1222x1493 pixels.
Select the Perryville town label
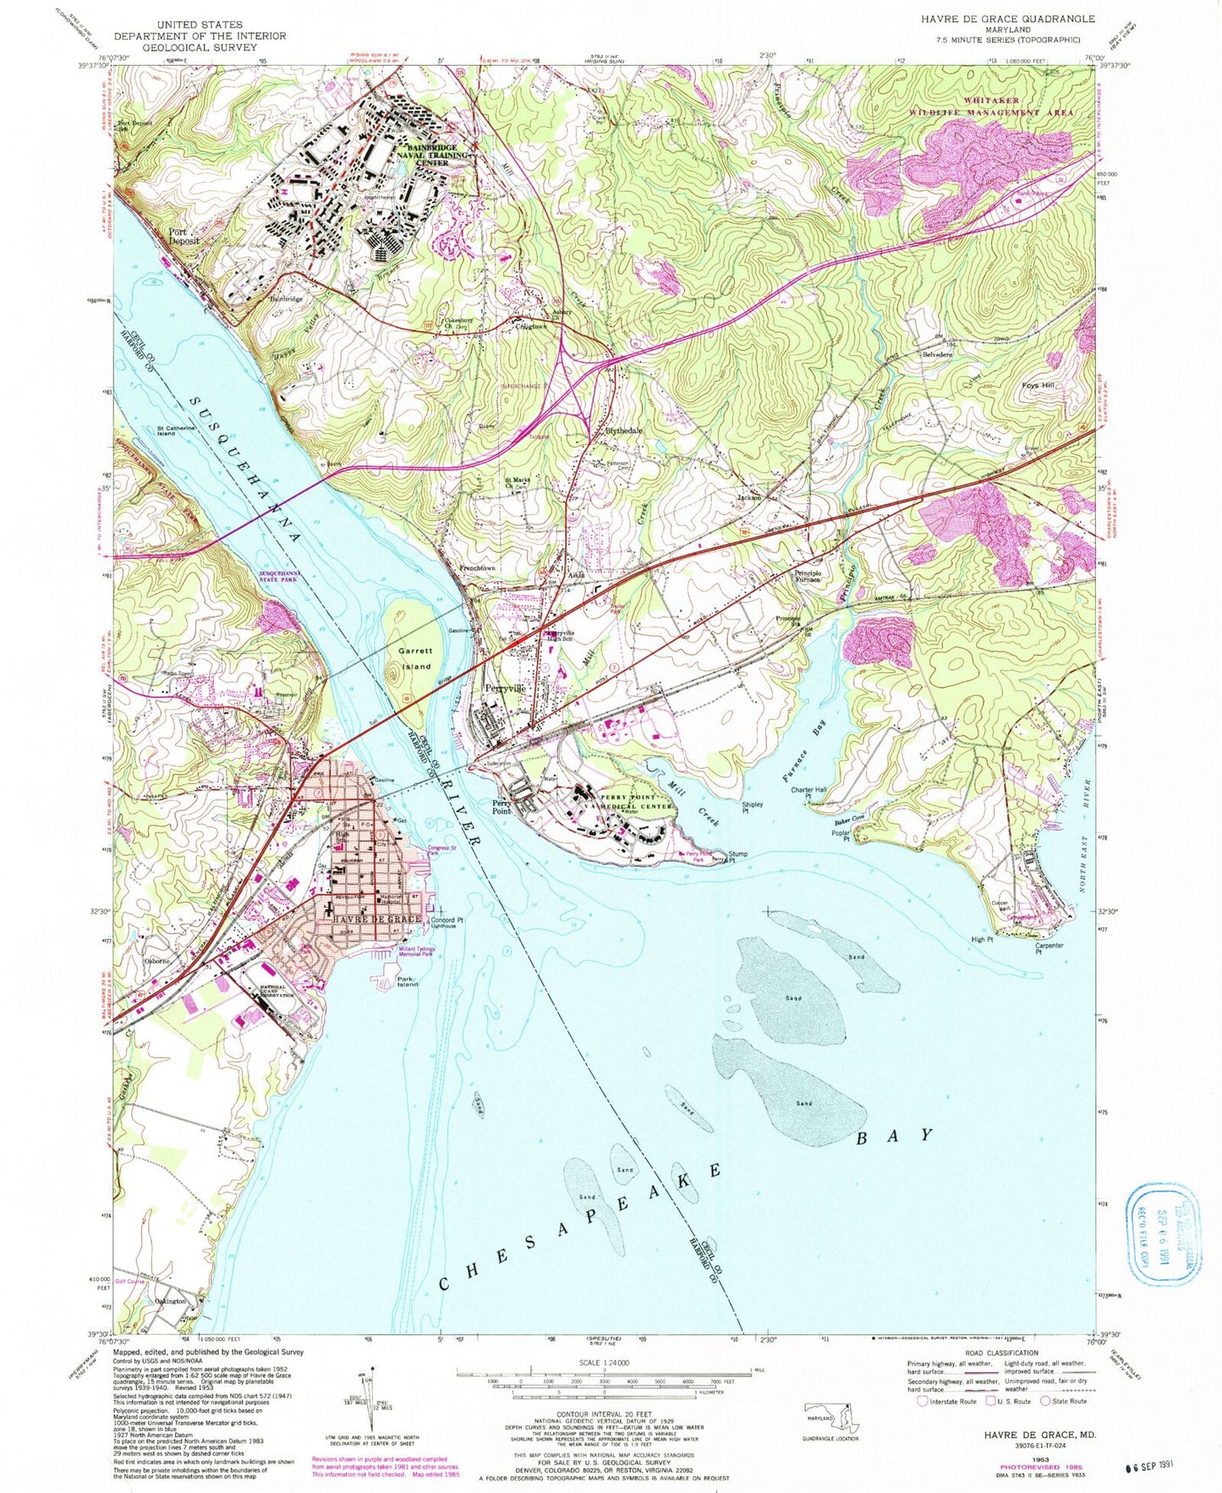click(x=505, y=689)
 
